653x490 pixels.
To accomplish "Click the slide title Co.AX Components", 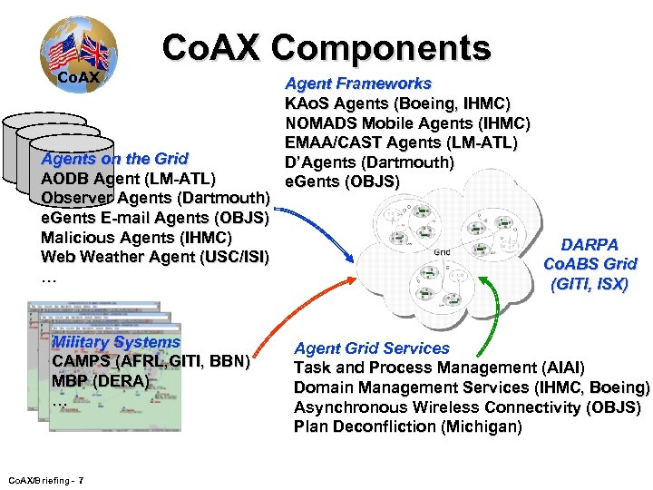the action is tap(326, 47).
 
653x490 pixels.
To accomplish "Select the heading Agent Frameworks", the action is tap(358, 83).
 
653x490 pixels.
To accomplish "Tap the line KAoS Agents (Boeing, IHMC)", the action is tap(397, 103).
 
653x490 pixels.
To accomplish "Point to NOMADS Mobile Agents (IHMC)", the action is tap(407, 123).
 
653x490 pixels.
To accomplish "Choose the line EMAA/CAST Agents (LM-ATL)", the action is tap(401, 142).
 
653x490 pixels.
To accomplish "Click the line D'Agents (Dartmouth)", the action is tap(369, 162).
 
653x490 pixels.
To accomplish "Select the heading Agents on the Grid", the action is tap(115, 159).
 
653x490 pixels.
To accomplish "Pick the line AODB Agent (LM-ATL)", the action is tap(128, 178).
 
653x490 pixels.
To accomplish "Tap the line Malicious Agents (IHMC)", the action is tap(137, 237).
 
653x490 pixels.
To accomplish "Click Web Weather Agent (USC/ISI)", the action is tap(154, 257).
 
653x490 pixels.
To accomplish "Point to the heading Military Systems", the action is tap(117, 342).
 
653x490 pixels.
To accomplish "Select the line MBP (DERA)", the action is tap(100, 381).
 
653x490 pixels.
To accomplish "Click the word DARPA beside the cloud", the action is tap(590, 244).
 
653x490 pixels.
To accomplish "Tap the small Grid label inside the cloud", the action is tap(443, 251).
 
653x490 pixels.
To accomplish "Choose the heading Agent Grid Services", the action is tap(372, 348).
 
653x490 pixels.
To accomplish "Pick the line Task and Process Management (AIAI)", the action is tap(439, 367).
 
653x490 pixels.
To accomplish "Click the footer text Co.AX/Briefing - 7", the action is tap(46, 479).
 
